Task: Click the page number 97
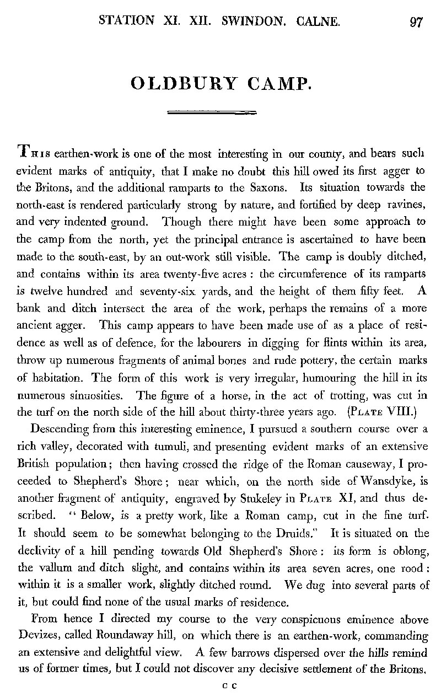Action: tap(416, 22)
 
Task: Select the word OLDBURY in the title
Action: tap(182, 84)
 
